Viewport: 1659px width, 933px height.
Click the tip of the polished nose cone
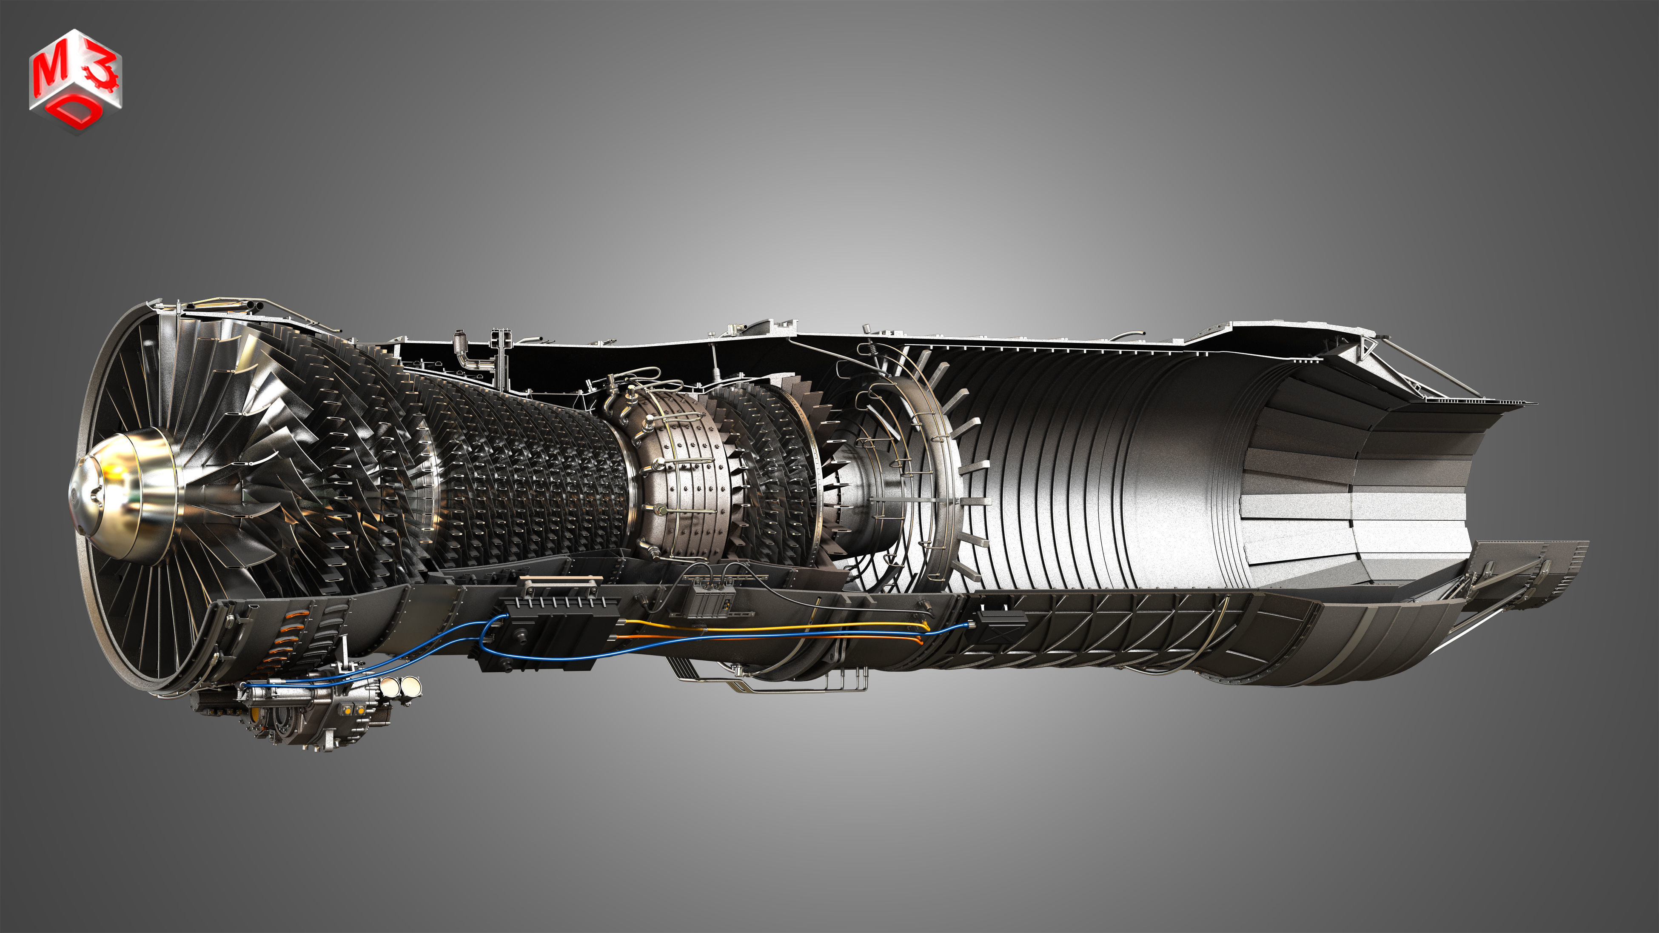73,496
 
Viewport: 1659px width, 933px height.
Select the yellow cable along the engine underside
773,626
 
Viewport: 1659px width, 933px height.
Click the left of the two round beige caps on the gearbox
390,687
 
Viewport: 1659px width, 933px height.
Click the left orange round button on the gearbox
351,710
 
